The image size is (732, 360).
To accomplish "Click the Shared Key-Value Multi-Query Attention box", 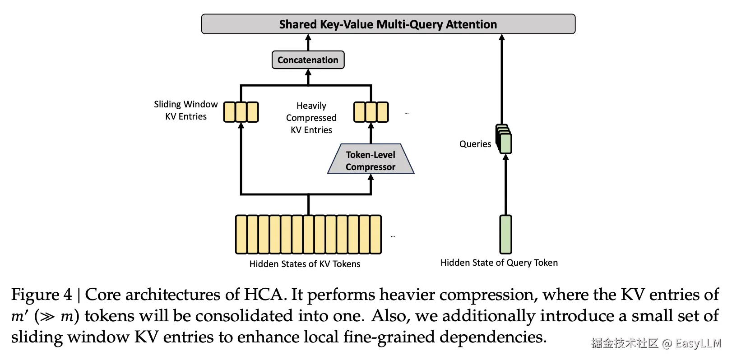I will [x=388, y=24].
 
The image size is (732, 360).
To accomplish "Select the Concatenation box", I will [x=308, y=60].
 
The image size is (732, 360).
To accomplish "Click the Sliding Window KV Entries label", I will [x=185, y=110].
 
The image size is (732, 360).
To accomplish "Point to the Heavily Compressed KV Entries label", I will [x=311, y=118].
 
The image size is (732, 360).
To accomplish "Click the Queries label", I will [x=475, y=144].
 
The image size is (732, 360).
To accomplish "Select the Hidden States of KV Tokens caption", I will [x=305, y=264].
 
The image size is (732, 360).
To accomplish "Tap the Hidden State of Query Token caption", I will [x=499, y=263].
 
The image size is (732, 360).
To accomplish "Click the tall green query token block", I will [x=505, y=234].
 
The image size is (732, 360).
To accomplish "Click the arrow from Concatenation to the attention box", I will [x=308, y=42].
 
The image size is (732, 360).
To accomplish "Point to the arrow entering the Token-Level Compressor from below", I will [x=371, y=184].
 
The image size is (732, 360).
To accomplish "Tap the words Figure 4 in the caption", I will [x=42, y=295].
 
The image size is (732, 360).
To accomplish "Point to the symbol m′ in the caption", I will [x=20, y=316].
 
